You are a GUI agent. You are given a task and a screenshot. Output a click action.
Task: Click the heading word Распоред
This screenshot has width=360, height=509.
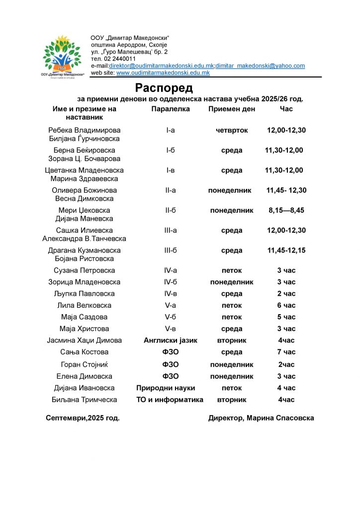click(164, 88)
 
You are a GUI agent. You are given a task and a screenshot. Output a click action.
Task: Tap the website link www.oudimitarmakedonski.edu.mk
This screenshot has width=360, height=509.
click(163, 73)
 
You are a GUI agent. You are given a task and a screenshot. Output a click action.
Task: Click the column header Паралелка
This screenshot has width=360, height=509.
click(171, 109)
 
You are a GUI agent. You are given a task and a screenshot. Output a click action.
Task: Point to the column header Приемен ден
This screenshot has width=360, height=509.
click(232, 109)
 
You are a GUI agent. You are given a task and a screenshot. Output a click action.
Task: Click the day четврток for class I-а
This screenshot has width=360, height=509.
click(232, 130)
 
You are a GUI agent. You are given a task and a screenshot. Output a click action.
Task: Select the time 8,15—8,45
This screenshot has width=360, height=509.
click(286, 210)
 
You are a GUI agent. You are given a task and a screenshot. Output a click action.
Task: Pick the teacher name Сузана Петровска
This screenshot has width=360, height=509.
click(85, 270)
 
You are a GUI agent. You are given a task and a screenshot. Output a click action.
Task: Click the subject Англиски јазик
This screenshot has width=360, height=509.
click(171, 340)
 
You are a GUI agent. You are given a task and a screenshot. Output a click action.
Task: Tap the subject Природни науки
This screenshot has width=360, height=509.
click(166, 388)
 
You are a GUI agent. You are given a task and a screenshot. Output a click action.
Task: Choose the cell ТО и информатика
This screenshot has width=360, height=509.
click(170, 400)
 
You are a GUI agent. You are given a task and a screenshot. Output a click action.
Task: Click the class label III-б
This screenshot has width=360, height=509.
click(171, 251)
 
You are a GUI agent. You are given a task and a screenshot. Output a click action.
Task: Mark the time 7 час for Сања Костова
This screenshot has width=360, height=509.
click(286, 352)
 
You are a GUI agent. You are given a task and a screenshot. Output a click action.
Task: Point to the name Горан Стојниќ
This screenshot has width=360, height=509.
click(85, 364)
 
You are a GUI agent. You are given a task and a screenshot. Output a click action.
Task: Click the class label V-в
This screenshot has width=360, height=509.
click(171, 329)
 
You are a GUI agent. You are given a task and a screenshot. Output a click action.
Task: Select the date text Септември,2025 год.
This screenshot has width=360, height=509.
click(83, 418)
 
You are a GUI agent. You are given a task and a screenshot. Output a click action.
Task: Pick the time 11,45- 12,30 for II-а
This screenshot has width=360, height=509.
click(286, 190)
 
